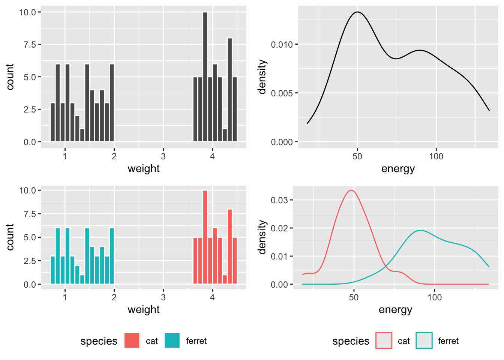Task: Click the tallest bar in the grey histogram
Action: click(x=205, y=77)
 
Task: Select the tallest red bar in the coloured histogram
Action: click(x=205, y=237)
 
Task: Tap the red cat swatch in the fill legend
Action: click(x=132, y=340)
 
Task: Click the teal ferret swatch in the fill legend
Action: click(x=172, y=340)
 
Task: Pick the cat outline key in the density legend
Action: click(x=384, y=340)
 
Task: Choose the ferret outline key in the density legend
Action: click(x=424, y=340)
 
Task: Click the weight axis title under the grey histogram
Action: click(x=144, y=169)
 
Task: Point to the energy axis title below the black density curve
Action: click(x=398, y=169)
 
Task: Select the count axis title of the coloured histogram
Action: click(x=10, y=237)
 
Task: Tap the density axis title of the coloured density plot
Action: click(x=262, y=237)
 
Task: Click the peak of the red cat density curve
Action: click(x=351, y=190)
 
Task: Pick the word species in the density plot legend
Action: click(x=351, y=341)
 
